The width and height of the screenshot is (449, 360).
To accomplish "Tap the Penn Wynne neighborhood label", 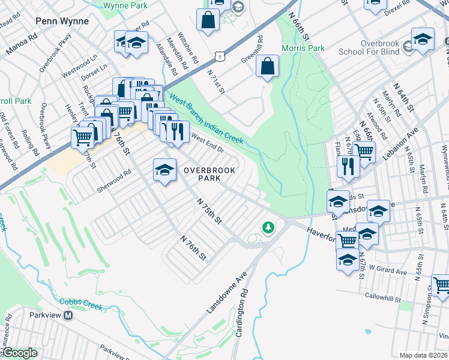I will (62, 21).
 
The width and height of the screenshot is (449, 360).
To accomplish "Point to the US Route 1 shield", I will (221, 56).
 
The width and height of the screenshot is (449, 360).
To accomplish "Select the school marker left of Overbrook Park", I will (164, 170).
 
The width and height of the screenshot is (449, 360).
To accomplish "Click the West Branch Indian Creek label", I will (206, 119).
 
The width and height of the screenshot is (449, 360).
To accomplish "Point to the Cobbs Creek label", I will (81, 304).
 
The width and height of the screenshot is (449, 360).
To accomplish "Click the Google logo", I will (19, 353).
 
